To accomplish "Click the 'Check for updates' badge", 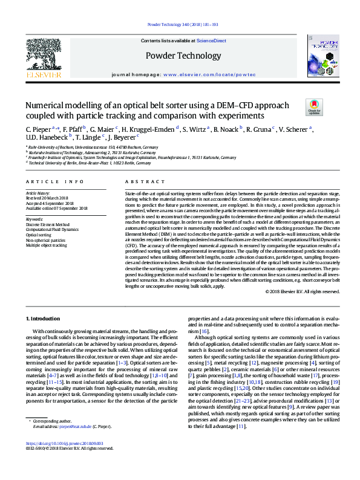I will [315, 107].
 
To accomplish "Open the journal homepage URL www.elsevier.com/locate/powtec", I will [214, 74].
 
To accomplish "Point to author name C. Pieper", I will [38, 129].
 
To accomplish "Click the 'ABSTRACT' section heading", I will [141, 181].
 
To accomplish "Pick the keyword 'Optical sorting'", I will [40, 234].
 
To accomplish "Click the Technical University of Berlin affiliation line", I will [82, 163].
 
